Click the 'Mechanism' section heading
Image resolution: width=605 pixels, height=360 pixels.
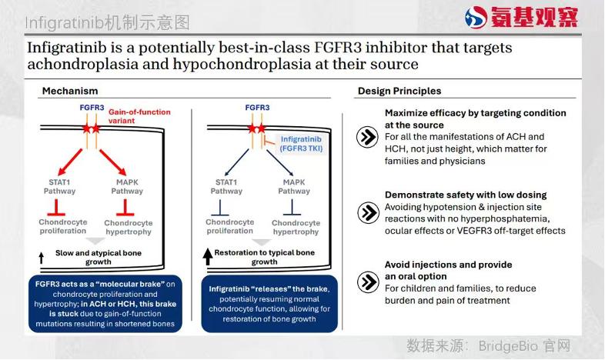pyautogui.click(x=70, y=91)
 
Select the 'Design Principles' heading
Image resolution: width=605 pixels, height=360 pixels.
pyautogui.click(x=399, y=91)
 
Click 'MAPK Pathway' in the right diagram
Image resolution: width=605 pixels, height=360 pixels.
pyautogui.click(x=294, y=187)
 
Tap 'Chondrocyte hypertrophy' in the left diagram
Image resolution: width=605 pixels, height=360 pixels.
pyautogui.click(x=128, y=228)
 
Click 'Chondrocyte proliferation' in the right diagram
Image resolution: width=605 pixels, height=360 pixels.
pyautogui.click(x=229, y=227)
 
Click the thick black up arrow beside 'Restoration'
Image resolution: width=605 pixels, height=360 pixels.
pyautogui.click(x=207, y=256)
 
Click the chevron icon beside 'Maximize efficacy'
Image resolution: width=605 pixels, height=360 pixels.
pyautogui.click(x=367, y=137)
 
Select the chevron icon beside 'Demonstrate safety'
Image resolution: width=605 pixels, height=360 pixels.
pyautogui.click(x=367, y=212)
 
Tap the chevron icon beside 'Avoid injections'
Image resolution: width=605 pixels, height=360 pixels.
pyautogui.click(x=367, y=282)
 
